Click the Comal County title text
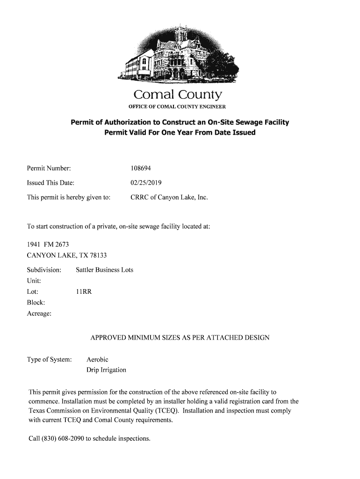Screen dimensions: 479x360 pyautogui.click(x=177, y=95)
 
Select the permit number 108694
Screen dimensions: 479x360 pyautogui.click(x=141, y=168)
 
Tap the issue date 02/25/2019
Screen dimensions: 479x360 pyautogui.click(x=146, y=183)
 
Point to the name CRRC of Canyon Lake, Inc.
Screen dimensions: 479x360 pyautogui.click(x=169, y=197)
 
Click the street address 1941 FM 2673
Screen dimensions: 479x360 pyautogui.click(x=48, y=244)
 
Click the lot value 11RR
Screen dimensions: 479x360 pyautogui.click(x=84, y=292)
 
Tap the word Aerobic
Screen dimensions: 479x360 pyautogui.click(x=97, y=360)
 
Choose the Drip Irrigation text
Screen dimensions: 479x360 pyautogui.click(x=106, y=370)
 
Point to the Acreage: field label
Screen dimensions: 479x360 pyautogui.click(x=39, y=313)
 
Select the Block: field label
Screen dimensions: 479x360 pyautogui.click(x=36, y=303)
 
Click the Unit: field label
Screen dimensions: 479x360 pyautogui.click(x=34, y=281)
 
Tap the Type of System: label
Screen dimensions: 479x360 pyautogui.click(x=49, y=360)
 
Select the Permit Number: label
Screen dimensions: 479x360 pyautogui.click(x=49, y=168)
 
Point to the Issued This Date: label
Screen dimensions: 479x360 pyautogui.click(x=50, y=183)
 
